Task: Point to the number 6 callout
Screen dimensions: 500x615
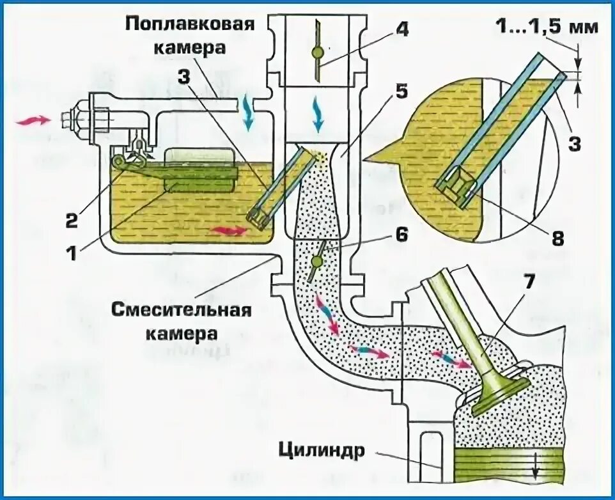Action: tap(401, 234)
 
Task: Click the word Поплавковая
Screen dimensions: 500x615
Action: tap(191, 25)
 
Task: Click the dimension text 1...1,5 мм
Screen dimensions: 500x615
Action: tap(547, 27)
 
